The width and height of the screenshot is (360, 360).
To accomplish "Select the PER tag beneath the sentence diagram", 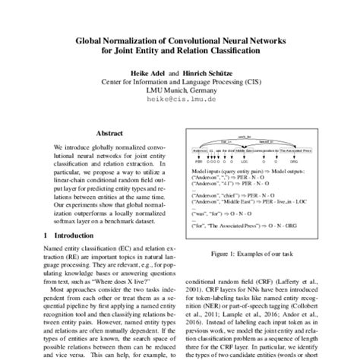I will pos(200,162).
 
